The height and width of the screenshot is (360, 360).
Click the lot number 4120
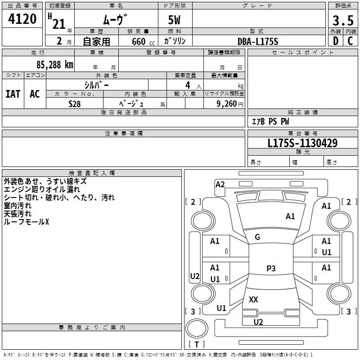click(x=22, y=19)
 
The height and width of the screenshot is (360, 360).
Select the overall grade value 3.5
click(x=343, y=21)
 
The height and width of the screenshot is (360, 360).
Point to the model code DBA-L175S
click(x=258, y=41)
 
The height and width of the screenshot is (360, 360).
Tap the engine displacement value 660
click(x=138, y=42)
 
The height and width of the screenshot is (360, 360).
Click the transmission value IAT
click(x=13, y=94)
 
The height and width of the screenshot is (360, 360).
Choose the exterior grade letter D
click(x=335, y=41)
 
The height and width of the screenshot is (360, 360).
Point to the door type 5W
click(x=175, y=21)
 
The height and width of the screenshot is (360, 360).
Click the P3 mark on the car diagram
click(x=271, y=269)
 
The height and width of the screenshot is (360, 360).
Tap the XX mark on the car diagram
click(x=253, y=299)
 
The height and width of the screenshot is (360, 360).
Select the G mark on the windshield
click(x=257, y=237)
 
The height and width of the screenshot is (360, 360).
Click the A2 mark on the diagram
click(x=220, y=184)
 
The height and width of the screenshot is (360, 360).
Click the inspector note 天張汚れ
click(x=18, y=214)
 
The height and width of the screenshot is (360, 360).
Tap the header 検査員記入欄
click(x=92, y=173)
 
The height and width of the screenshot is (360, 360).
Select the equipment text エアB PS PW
click(x=270, y=121)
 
